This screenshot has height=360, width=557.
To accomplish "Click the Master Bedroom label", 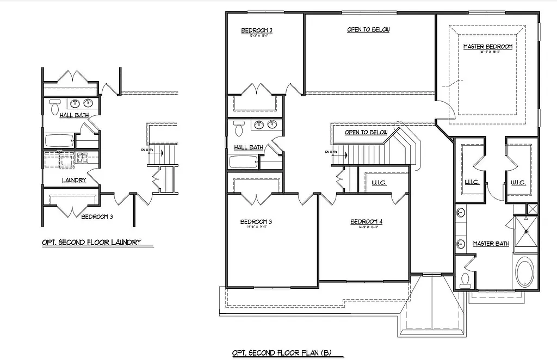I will pos(487,47).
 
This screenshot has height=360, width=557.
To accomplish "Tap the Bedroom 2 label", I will pos(257,31).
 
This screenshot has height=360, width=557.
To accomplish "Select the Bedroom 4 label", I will pos(366,221).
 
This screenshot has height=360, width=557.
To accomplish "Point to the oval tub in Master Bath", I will pos(525,272).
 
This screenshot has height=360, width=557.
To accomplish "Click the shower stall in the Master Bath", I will pos(525,232).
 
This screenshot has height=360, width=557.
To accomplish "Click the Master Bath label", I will pos(491,244).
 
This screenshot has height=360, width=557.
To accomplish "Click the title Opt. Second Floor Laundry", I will pos(92,243).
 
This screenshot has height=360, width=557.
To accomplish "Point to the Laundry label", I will pos(73,180).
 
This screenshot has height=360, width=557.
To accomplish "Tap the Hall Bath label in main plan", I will pos(249,147).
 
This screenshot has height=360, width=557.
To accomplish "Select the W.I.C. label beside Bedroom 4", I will pos(380,183).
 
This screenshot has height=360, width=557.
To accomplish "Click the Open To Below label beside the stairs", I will pos(366,132).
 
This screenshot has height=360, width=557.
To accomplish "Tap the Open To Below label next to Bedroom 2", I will pos(368,29).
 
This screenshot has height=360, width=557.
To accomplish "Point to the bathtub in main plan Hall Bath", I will pos(243,162).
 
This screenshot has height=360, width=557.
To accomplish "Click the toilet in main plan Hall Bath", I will pos(238,129).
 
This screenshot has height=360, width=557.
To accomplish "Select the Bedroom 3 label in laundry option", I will pos(97,216).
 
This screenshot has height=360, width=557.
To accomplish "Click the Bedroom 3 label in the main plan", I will pos(256,222).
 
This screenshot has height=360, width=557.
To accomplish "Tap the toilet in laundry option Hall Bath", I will pos(54,107).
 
